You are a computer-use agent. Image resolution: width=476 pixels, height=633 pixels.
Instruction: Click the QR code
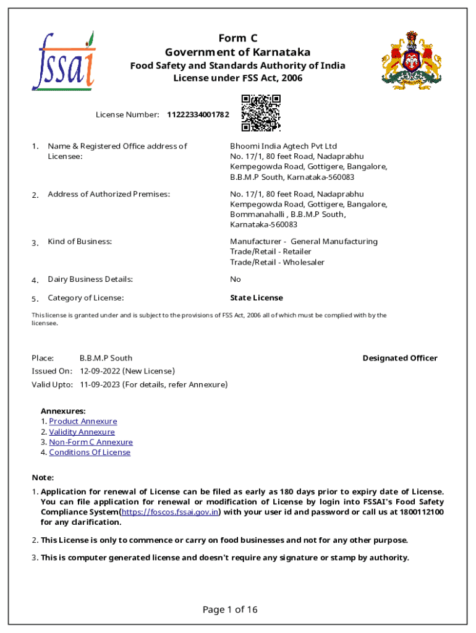pos(261,113)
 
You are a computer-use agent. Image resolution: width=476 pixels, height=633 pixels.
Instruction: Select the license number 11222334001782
pos(198,115)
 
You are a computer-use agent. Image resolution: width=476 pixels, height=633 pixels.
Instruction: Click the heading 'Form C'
pos(237,38)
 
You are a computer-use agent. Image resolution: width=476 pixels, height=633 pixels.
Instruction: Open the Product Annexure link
pos(83,422)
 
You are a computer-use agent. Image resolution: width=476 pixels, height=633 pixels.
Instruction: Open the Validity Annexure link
pos(82,432)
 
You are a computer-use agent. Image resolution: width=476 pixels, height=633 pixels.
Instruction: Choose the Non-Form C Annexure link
pos(91,442)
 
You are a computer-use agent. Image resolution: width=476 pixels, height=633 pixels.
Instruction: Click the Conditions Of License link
pos(90,452)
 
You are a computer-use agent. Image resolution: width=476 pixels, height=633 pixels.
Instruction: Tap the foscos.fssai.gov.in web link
pos(170,512)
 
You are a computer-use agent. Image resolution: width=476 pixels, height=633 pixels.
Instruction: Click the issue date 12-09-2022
pos(100,371)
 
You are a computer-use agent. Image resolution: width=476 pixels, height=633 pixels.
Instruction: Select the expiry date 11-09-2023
pos(100,384)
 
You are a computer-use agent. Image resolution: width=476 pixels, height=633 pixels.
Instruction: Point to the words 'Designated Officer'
pos(400,359)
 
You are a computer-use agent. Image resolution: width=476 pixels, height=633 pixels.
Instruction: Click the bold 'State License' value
pos(257,298)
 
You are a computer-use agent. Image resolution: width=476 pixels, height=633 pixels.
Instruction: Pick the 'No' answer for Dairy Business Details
pos(236,279)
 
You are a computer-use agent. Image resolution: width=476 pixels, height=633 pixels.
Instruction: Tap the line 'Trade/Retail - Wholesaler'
pos(277,262)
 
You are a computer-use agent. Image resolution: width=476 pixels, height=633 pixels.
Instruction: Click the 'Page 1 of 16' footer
pos(230,610)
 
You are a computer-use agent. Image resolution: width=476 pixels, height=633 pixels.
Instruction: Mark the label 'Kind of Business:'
pos(80,242)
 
